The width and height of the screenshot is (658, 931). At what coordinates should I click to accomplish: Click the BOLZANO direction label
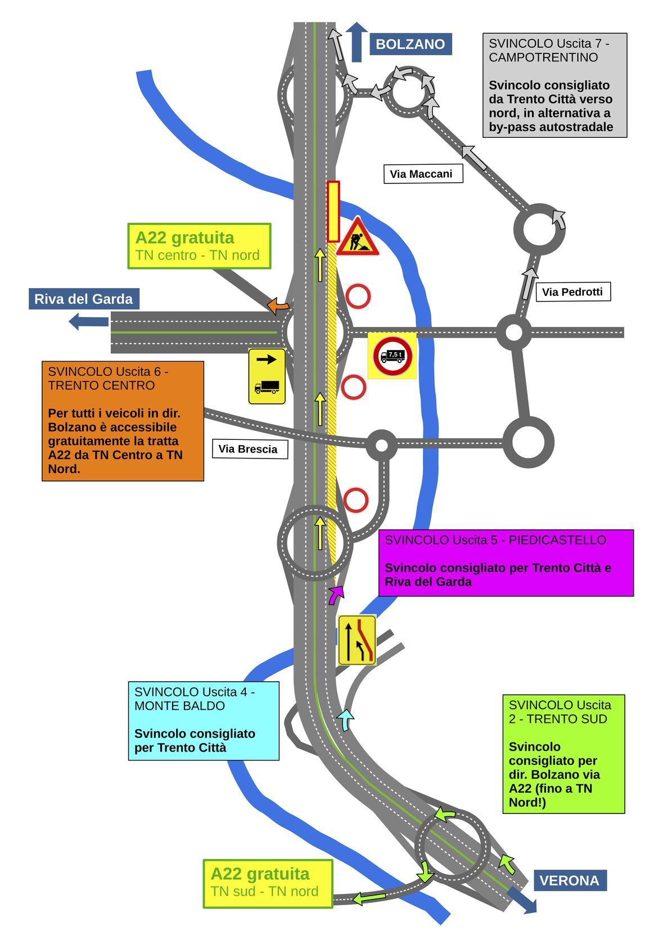411,44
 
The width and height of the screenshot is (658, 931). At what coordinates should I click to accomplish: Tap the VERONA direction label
570,880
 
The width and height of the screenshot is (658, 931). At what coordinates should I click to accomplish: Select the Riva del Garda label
84,299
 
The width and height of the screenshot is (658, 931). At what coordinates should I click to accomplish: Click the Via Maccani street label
423,174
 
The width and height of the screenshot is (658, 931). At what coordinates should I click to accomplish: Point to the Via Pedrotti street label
573,292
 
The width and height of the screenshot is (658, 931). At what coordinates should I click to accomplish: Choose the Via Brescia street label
250,449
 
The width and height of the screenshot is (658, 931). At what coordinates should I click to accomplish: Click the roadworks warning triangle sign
357,237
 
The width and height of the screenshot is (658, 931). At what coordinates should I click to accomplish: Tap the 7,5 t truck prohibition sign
393,356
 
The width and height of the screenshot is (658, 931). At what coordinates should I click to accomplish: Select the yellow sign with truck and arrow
267,376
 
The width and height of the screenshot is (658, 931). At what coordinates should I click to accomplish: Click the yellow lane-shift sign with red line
357,640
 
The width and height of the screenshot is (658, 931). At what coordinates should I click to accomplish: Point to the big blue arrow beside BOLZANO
357,42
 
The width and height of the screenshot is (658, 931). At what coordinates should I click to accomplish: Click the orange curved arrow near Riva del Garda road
277,306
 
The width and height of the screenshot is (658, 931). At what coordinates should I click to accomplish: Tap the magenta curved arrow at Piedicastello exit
336,595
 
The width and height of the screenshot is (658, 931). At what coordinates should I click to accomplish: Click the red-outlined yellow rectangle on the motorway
333,212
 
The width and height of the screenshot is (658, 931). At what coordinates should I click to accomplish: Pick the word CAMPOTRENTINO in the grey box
543,57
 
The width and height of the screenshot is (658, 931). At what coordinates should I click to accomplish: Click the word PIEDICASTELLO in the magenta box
557,540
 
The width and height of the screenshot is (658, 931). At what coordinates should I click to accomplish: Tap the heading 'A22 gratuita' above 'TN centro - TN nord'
185,238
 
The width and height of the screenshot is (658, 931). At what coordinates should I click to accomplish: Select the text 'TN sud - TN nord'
265,891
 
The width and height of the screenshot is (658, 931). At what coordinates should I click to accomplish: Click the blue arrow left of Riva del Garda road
88,322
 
